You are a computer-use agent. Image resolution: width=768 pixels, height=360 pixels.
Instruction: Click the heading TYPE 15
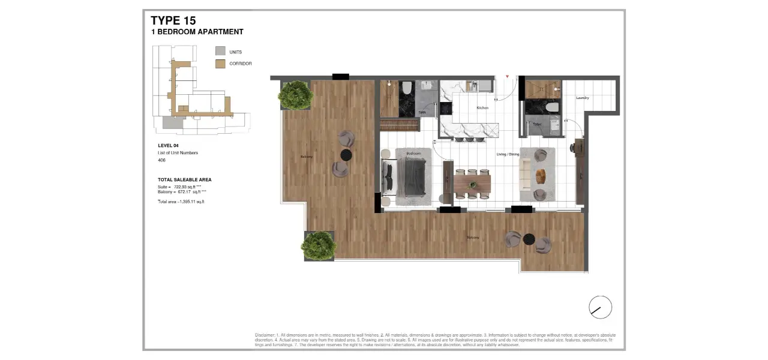173,21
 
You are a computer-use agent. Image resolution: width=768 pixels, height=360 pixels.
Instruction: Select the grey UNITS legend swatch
220,52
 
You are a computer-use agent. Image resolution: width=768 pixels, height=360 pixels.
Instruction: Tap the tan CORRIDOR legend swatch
220,64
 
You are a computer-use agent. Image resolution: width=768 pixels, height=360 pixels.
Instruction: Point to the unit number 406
161,160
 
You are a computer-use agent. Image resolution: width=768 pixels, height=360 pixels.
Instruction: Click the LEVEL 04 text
168,146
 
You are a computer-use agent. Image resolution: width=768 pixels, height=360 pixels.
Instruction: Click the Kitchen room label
482,108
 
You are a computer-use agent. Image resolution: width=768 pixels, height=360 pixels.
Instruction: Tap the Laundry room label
582,98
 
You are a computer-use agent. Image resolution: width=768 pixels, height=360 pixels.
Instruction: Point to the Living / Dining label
508,154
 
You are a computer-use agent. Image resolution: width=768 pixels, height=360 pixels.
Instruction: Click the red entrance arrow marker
508,77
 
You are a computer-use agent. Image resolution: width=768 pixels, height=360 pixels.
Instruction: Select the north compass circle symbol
600,307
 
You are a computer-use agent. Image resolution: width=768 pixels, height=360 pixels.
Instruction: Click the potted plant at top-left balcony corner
295,95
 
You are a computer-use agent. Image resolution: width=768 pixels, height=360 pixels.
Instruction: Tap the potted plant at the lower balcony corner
319,245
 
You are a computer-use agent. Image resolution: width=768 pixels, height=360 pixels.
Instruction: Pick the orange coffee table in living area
541,176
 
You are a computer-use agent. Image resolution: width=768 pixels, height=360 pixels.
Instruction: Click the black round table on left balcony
346,155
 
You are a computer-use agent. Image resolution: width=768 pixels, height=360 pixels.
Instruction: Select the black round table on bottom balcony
529,239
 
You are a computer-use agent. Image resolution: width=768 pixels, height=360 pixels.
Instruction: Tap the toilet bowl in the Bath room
407,88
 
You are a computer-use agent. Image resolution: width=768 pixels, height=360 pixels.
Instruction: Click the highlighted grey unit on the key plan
170,122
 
